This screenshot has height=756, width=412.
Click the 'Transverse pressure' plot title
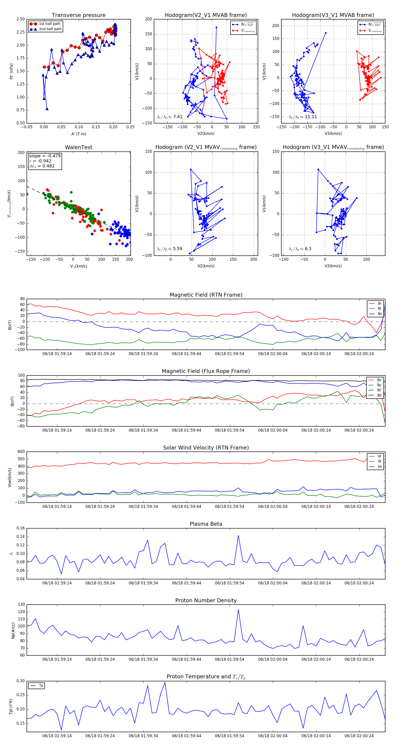click(x=79, y=15)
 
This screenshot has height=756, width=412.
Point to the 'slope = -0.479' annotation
click(x=45, y=156)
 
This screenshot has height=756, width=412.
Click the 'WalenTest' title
click(x=79, y=147)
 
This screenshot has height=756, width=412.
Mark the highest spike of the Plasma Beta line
click(x=238, y=535)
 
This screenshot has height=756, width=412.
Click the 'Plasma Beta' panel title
click(x=206, y=524)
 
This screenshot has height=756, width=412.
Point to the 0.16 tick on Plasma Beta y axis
click(x=21, y=528)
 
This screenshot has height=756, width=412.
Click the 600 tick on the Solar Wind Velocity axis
click(x=21, y=452)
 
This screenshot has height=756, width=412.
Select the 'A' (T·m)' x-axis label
click(x=79, y=134)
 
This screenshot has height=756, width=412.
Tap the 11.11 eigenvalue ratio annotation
click(x=311, y=117)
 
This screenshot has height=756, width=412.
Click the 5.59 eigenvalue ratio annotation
click(x=177, y=249)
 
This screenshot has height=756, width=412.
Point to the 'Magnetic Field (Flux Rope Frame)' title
click(x=206, y=371)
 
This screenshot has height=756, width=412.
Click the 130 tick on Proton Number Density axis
click(x=21, y=605)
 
